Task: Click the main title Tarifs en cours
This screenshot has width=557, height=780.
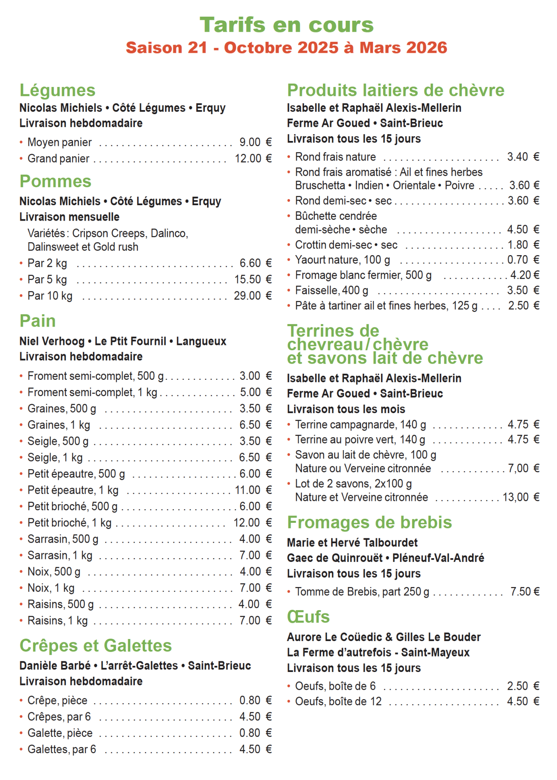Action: [x=286, y=25]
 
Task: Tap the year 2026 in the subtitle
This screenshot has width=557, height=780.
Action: [x=427, y=48]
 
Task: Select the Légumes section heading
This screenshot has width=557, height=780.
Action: [x=57, y=90]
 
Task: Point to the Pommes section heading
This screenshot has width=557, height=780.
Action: [x=56, y=181]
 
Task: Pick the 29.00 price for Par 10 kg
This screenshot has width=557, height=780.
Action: [x=247, y=296]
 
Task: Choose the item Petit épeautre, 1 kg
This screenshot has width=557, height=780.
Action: [x=73, y=490]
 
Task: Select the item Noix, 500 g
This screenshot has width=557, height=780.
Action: [x=54, y=572]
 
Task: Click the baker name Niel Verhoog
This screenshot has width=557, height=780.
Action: [x=52, y=341]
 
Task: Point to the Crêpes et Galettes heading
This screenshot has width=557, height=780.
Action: [x=96, y=646]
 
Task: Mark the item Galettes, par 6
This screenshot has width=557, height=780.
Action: [x=62, y=750]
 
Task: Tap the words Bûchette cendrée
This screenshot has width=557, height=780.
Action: [x=336, y=216]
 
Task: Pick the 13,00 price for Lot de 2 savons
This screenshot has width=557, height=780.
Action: [x=515, y=497]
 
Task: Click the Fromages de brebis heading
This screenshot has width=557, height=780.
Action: [x=369, y=522]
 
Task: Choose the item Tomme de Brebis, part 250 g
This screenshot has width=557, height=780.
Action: [x=362, y=592]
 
